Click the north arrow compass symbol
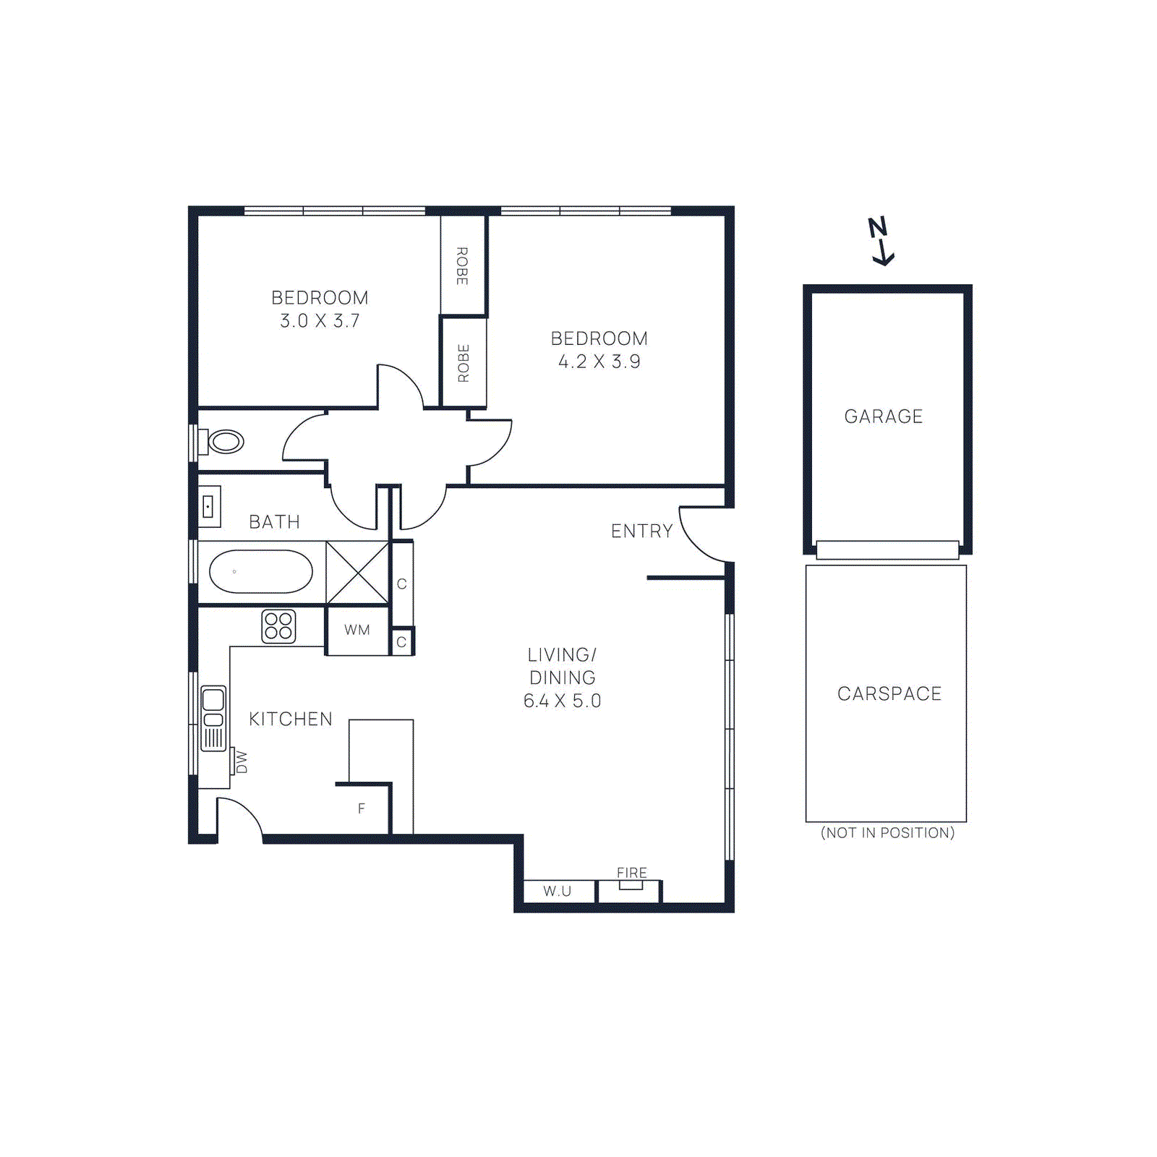[x=881, y=241]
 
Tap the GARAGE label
[x=883, y=417]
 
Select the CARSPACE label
[x=889, y=693]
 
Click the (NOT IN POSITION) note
[x=887, y=832]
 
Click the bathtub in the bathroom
[x=260, y=571]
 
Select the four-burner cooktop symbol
[x=278, y=626]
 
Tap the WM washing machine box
[x=357, y=630]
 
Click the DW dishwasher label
[x=242, y=762]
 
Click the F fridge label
[x=362, y=808]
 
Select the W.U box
[x=558, y=891]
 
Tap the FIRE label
[x=631, y=873]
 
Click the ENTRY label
[x=641, y=531]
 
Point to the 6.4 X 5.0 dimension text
[x=562, y=701]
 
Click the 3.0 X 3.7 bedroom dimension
[x=320, y=320]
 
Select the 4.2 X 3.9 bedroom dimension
[x=599, y=362]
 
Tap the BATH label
[x=274, y=522]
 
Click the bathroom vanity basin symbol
[x=209, y=506]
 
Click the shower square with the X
[x=357, y=573]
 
